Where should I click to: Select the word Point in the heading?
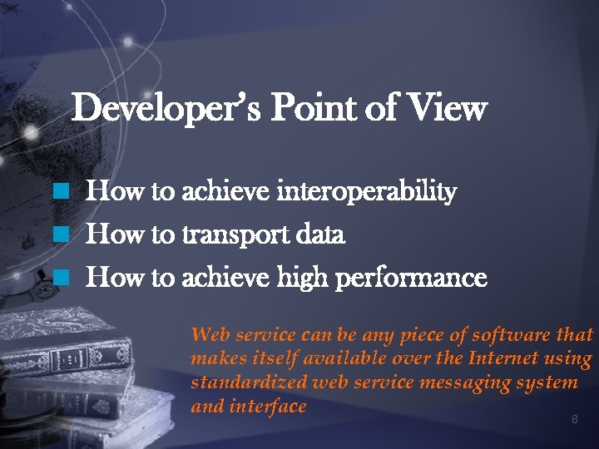pyautogui.click(x=319, y=109)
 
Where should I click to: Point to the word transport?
pyautogui.click(x=236, y=236)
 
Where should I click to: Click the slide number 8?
pyautogui.click(x=574, y=420)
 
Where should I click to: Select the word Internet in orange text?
pyautogui.click(x=504, y=359)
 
